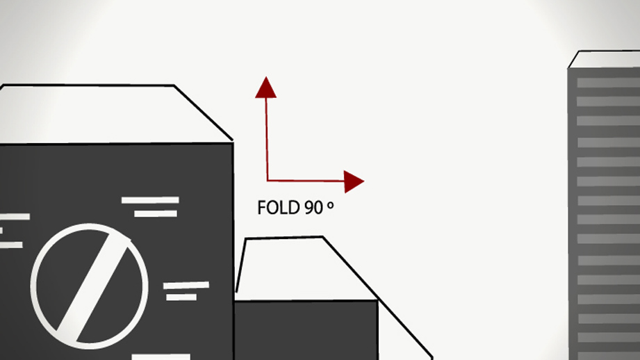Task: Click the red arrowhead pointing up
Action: [265, 89]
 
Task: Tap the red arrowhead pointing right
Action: [352, 181]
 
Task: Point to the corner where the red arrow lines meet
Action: [268, 180]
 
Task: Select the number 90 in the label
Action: [314, 208]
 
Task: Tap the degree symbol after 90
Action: [330, 206]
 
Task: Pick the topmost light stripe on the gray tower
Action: [608, 83]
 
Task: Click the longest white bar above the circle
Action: [150, 200]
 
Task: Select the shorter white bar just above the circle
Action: [156, 213]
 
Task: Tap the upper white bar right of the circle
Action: [186, 286]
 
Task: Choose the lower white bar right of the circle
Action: [181, 297]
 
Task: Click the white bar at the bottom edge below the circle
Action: [161, 357]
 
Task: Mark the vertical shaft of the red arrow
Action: [267, 139]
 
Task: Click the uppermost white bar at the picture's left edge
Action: [15, 217]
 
